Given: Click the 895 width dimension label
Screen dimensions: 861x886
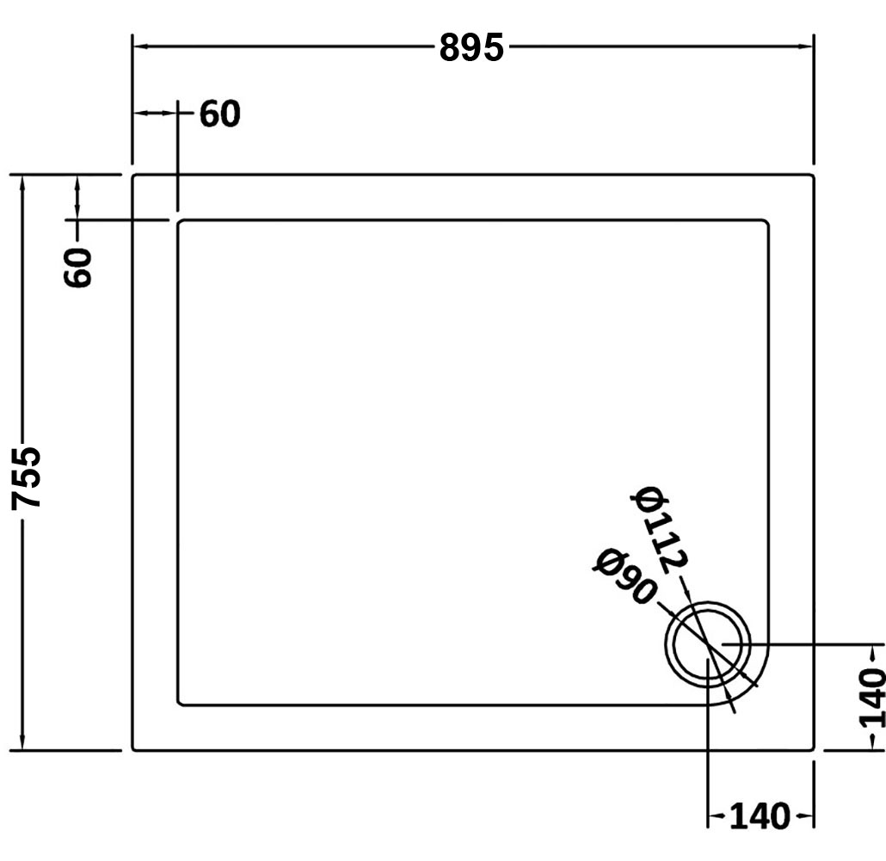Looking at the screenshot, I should coord(471,48).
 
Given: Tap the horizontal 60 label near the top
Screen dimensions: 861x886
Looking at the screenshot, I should coord(220,114).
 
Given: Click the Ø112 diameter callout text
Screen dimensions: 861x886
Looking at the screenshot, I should coord(661,528).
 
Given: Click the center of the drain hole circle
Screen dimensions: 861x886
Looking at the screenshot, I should coord(707,646).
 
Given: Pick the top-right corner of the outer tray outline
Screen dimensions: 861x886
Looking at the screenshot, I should coord(812,176).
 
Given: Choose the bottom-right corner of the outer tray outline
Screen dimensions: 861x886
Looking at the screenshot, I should coord(812,748).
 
